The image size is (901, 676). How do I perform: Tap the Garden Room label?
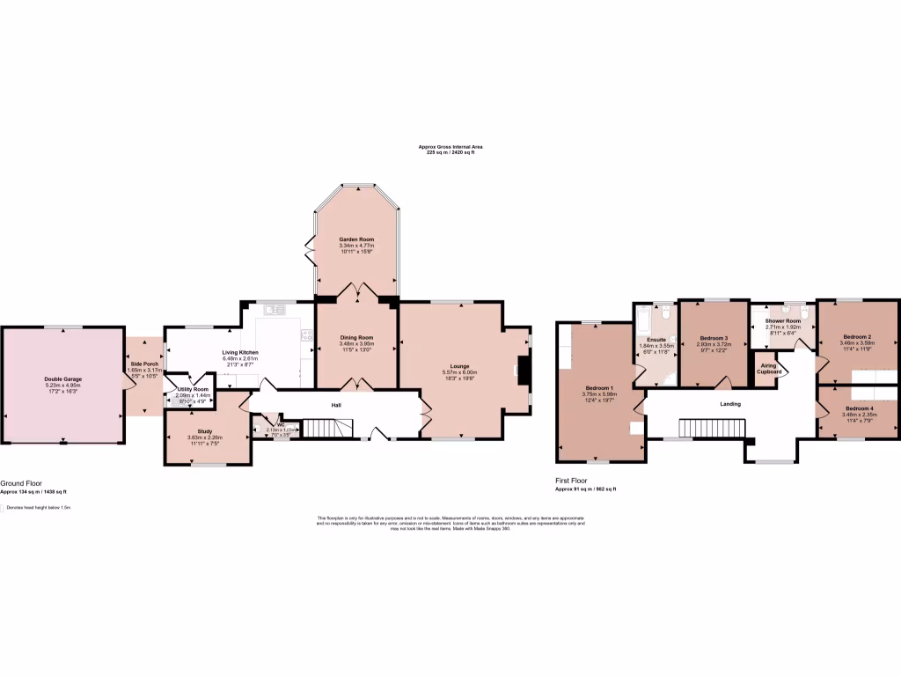tap(357, 239)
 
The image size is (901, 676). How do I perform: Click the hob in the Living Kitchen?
tap(307, 334)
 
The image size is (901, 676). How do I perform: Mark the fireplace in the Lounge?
tap(524, 371)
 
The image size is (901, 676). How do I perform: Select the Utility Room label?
tap(193, 388)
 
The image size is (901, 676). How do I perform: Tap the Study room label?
tap(205, 431)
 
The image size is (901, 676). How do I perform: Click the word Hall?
tap(335, 405)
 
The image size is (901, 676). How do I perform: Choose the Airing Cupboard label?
tap(768, 368)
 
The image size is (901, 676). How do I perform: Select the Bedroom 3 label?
tap(713, 338)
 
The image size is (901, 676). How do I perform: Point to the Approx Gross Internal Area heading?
tap(450, 146)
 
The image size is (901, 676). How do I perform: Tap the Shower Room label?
tap(783, 321)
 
